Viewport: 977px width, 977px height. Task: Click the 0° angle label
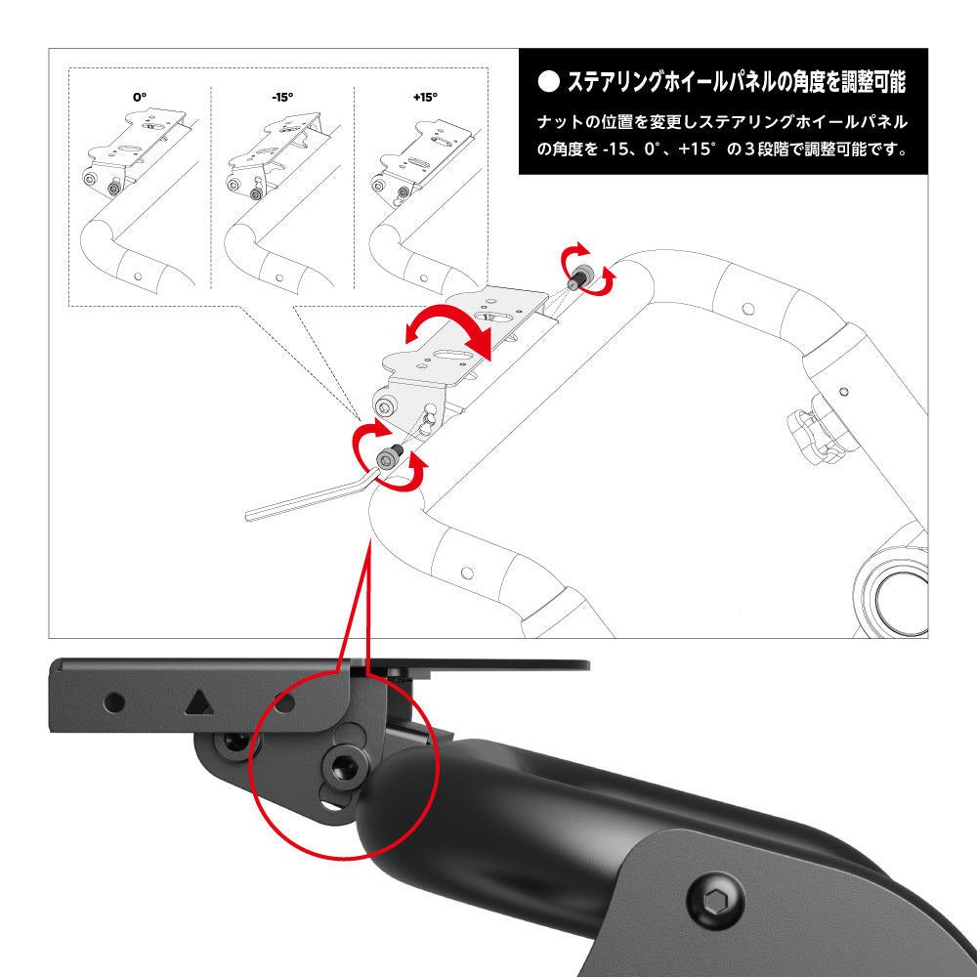point(140,97)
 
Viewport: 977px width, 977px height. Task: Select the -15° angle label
point(282,97)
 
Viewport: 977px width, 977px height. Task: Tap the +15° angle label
point(426,97)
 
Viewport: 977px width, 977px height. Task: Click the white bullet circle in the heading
point(548,82)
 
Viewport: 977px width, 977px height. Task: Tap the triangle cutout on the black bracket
point(198,702)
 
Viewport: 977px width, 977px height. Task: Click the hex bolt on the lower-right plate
point(715,901)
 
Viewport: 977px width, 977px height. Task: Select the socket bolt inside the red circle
point(345,767)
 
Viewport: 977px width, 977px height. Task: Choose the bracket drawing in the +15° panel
point(420,162)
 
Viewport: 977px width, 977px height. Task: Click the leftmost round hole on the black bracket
point(114,702)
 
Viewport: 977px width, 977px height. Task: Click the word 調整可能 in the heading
point(872,82)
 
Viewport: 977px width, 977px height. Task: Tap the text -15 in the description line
point(616,149)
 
